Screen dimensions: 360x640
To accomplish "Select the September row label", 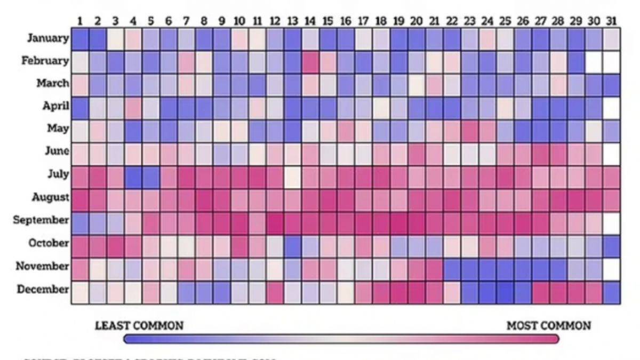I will [x=42, y=220].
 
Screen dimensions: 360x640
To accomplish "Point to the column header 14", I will [x=310, y=21].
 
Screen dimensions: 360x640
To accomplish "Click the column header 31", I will [x=611, y=21].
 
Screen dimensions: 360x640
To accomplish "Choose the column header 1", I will [x=80, y=21].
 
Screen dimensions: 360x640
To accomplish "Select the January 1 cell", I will [x=80, y=39].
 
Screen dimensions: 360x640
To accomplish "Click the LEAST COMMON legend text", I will [x=139, y=325].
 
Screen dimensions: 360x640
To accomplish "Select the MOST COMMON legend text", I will [x=548, y=325].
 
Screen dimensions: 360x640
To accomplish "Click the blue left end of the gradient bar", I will [x=131, y=339].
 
